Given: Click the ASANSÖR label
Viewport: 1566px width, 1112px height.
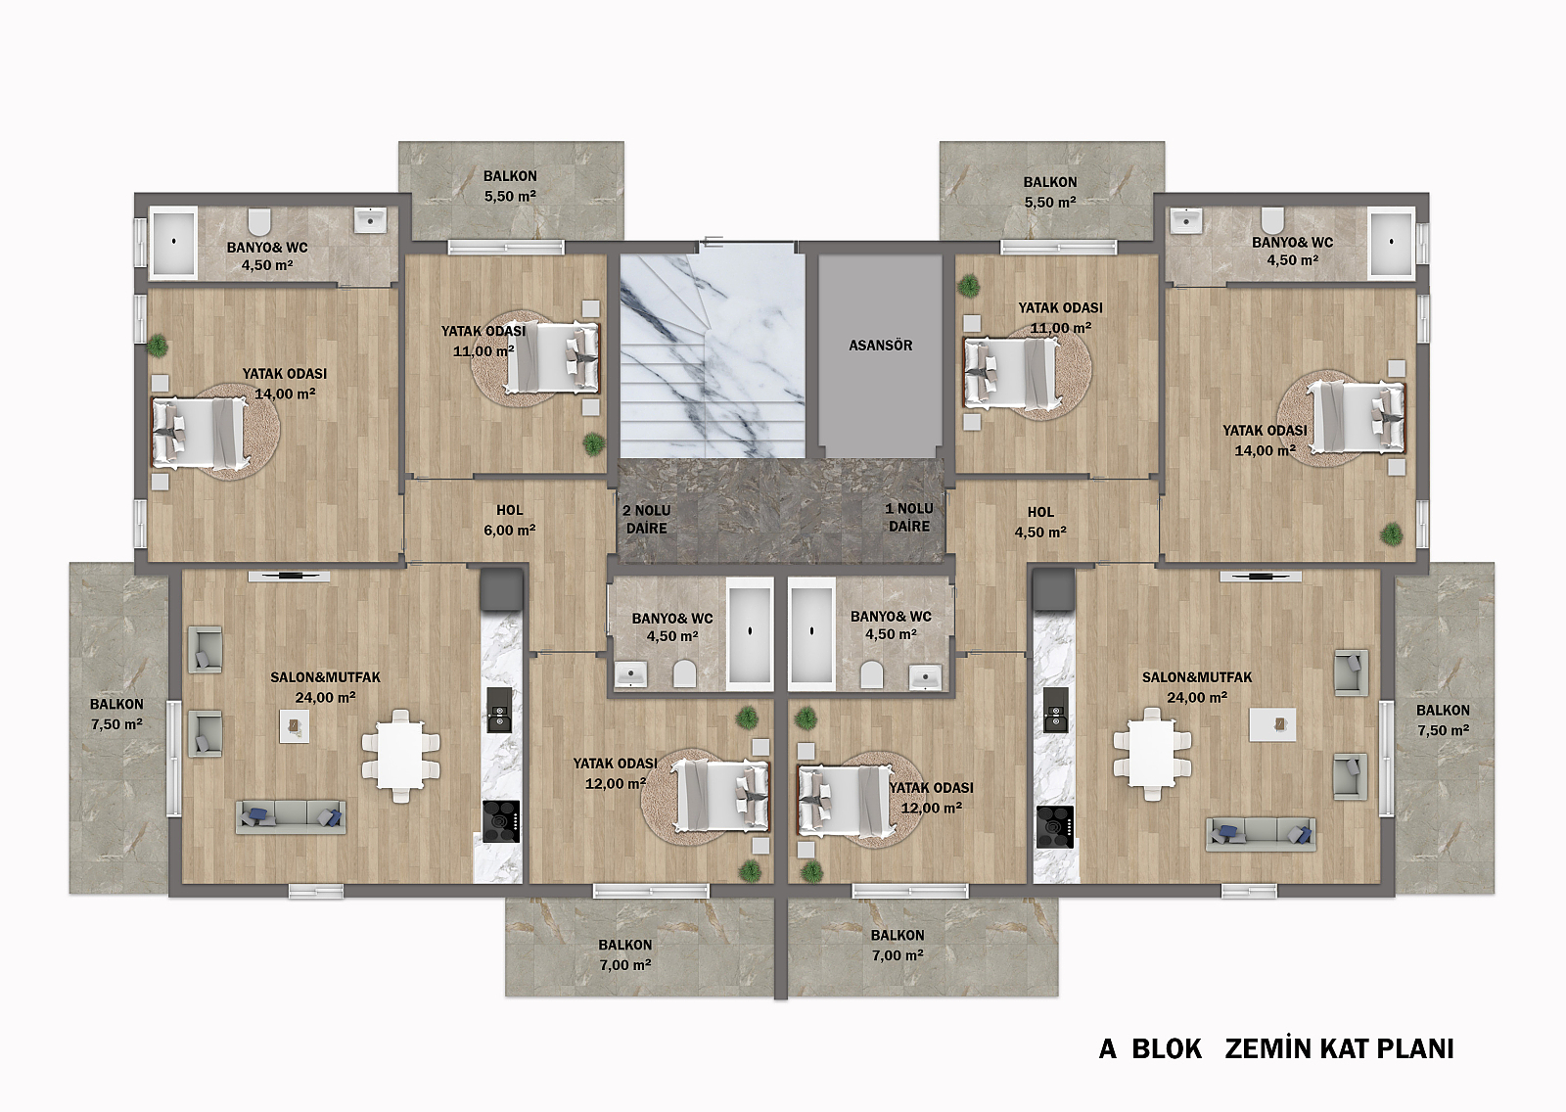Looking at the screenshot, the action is pyautogui.click(x=880, y=346).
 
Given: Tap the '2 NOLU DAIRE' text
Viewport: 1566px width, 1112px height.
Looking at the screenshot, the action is pyautogui.click(x=647, y=520).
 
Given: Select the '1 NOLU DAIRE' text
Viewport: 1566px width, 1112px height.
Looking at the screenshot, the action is pyautogui.click(x=909, y=518).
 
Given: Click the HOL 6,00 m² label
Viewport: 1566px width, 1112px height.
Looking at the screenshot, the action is pyautogui.click(x=510, y=521).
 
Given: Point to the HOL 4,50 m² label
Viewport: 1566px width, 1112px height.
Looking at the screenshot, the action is pyautogui.click(x=1040, y=522).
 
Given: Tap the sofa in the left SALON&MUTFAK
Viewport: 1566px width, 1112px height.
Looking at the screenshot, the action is pyautogui.click(x=291, y=816).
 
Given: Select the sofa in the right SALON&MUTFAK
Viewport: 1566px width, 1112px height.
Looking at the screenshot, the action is pyautogui.click(x=1261, y=834).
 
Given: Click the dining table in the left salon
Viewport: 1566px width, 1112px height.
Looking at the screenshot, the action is pyautogui.click(x=400, y=756).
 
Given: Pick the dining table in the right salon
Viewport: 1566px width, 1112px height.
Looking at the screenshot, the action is pyautogui.click(x=1152, y=754).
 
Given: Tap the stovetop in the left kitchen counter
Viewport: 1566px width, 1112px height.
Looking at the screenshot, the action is pyautogui.click(x=501, y=821).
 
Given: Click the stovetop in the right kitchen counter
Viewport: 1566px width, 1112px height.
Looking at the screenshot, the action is pyautogui.click(x=1055, y=827).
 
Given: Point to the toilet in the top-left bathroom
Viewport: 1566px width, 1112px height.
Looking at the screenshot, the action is pyautogui.click(x=259, y=221).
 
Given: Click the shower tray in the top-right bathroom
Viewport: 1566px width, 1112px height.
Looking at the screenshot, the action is pyautogui.click(x=1391, y=242).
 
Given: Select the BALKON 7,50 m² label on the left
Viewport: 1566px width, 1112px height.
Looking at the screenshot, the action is pyautogui.click(x=116, y=714).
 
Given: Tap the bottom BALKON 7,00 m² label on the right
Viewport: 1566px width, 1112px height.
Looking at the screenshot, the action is pyautogui.click(x=898, y=945).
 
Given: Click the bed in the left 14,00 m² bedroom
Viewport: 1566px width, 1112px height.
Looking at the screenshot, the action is pyautogui.click(x=200, y=433).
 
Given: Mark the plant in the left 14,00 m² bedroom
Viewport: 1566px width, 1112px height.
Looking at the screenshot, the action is pyautogui.click(x=158, y=346).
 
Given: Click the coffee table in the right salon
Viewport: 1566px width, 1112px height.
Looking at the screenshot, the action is pyautogui.click(x=1272, y=724).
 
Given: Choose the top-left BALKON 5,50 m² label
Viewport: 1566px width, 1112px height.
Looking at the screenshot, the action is pyautogui.click(x=510, y=186).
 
